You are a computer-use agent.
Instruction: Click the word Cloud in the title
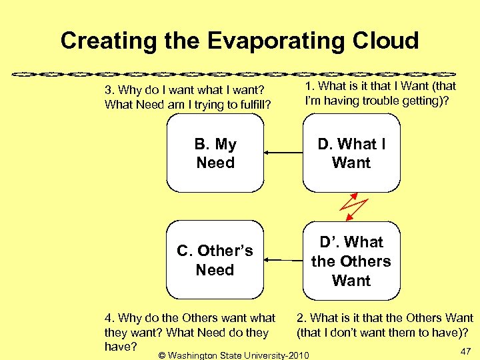tap(382, 41)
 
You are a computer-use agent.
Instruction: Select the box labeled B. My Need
tap(215, 153)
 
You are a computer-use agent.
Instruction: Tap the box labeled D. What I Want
tap(351, 153)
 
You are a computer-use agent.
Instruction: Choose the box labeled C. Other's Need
tap(215, 261)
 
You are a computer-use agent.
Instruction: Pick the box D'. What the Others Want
tap(351, 261)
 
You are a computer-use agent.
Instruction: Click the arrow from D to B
tap(283, 153)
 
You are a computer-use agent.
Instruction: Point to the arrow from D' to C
tap(283, 259)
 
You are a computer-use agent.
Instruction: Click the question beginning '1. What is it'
tap(380, 93)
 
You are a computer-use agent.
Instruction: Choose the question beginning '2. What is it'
tap(385, 325)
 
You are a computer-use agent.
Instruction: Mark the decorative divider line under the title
tap(240, 72)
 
